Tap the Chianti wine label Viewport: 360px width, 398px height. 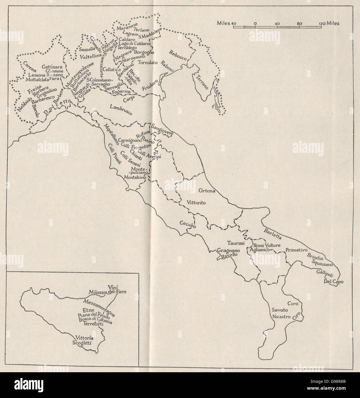coord(136,155)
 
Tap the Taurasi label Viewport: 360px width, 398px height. coord(235,243)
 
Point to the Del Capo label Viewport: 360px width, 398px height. coord(333,281)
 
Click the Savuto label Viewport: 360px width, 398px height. coord(279,310)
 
